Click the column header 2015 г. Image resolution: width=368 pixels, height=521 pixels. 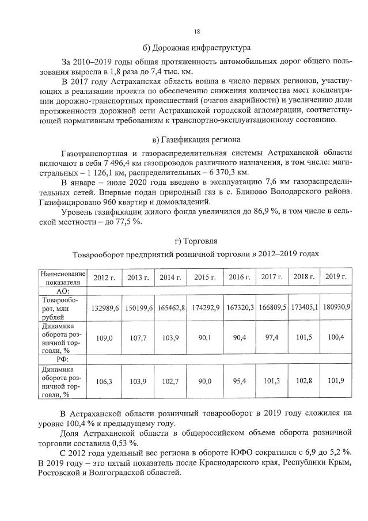click(x=206, y=277)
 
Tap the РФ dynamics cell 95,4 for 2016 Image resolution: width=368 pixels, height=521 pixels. click(x=240, y=381)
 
